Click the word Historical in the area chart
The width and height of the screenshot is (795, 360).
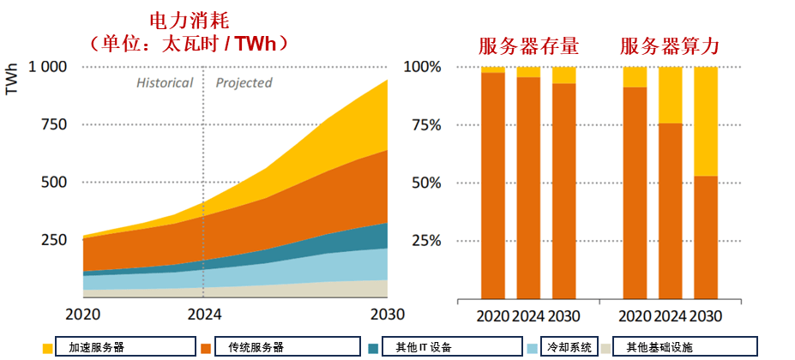click(x=165, y=83)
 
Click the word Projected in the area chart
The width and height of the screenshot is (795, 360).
click(x=244, y=83)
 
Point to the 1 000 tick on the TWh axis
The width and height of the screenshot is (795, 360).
click(x=49, y=67)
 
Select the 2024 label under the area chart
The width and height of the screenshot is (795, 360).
click(x=203, y=314)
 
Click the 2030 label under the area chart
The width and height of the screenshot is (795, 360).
click(x=387, y=314)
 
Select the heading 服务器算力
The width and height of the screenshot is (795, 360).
click(x=668, y=45)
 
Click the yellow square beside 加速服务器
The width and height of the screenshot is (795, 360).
click(x=47, y=348)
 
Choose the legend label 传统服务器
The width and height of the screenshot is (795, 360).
click(x=256, y=347)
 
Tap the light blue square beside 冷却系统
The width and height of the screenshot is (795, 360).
click(x=532, y=348)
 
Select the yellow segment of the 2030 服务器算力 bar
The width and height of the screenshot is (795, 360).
click(x=705, y=121)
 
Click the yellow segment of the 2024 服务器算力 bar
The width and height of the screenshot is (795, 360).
click(x=670, y=95)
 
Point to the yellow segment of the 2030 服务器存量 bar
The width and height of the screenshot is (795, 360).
click(x=563, y=75)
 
